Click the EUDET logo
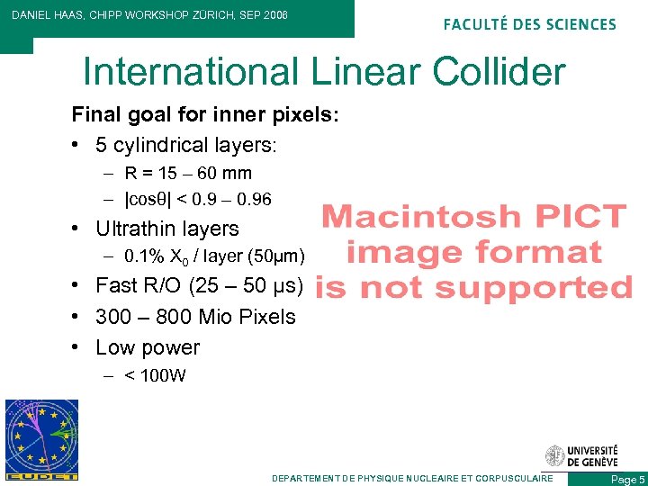[41, 439]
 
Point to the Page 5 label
[627, 480]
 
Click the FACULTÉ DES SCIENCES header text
[530, 24]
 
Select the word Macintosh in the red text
[421, 217]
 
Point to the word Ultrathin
[134, 229]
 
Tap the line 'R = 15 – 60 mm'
[188, 173]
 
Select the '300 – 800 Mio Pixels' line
[195, 317]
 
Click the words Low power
[148, 347]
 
